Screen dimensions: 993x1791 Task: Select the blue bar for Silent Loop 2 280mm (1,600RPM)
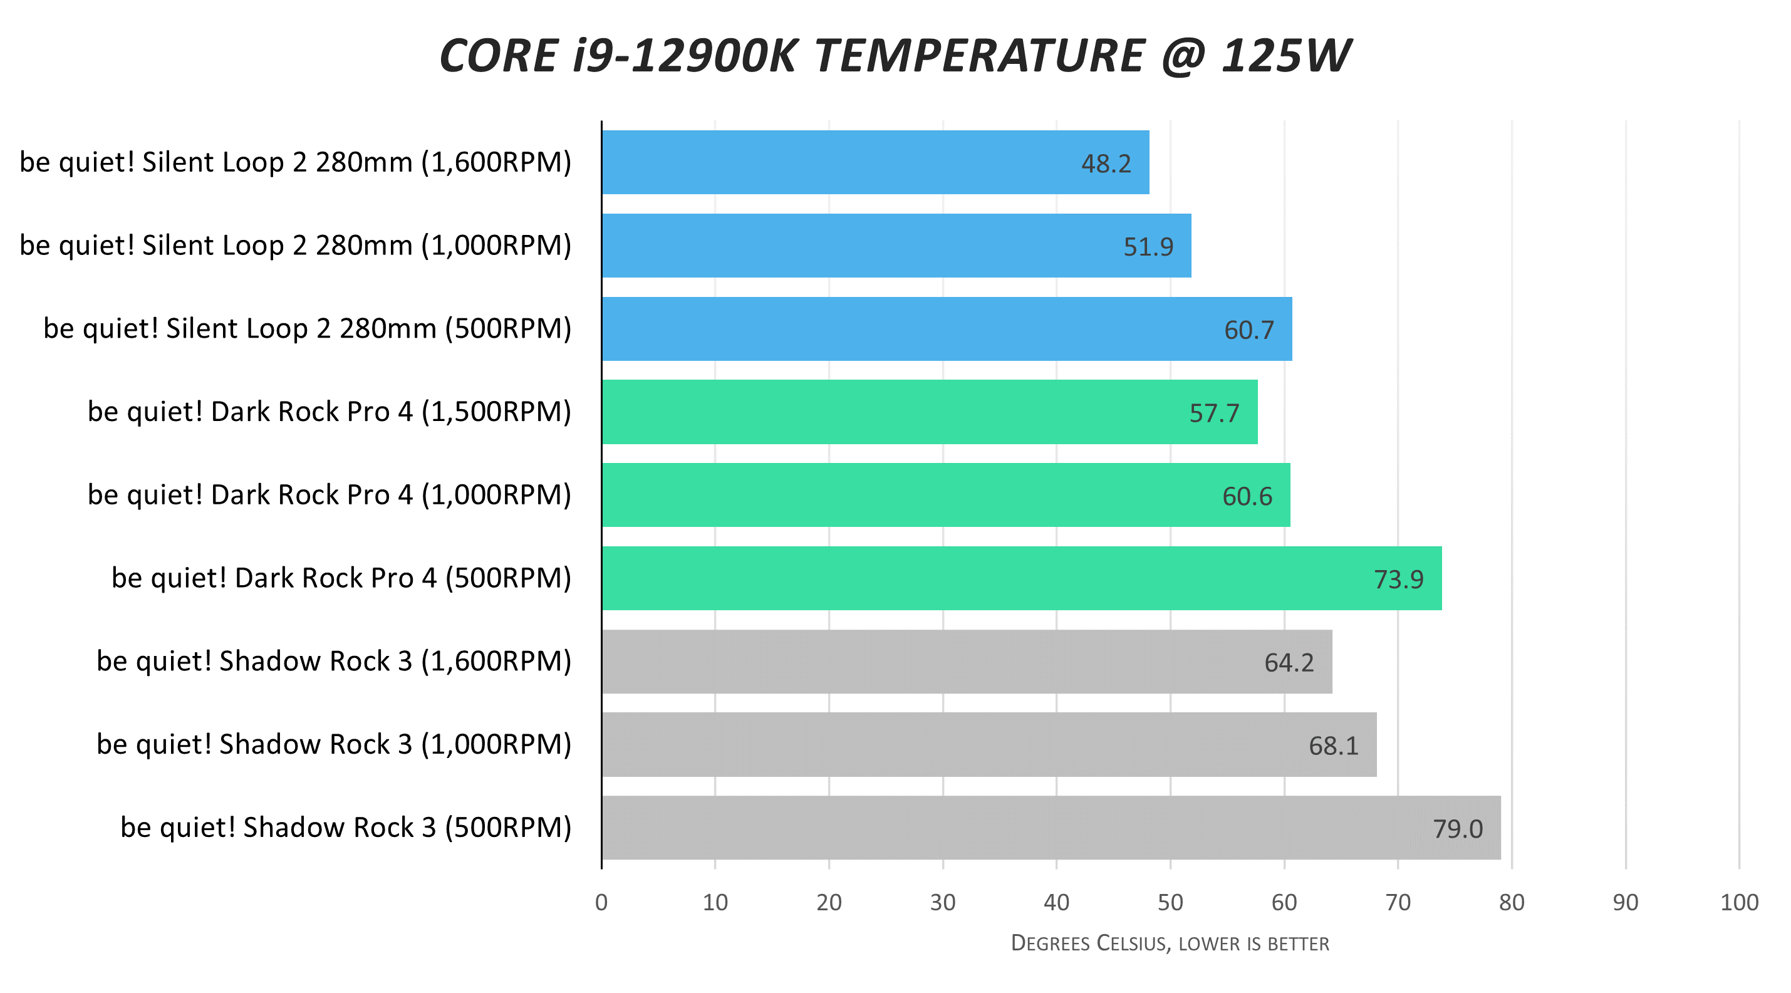pos(875,162)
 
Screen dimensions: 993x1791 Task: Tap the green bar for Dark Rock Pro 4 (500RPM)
pos(1020,578)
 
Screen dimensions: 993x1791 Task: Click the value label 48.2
pos(1106,164)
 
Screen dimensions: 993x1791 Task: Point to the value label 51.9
pos(1148,247)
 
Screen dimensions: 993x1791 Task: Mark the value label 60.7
pos(1249,330)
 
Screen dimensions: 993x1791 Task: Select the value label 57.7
pos(1214,413)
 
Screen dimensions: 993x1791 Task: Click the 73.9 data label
pos(1398,580)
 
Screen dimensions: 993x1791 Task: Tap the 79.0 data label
pos(1457,829)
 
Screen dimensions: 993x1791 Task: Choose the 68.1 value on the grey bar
pos(1333,746)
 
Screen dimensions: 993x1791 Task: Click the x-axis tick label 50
pos(1170,903)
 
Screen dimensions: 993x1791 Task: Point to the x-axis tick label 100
pos(1739,903)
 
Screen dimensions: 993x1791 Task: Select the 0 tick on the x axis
pos(601,903)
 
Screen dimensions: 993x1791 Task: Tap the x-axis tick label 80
pos(1512,903)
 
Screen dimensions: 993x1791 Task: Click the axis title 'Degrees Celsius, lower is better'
pos(1170,943)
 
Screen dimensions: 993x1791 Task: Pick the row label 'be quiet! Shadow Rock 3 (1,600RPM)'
pos(334,662)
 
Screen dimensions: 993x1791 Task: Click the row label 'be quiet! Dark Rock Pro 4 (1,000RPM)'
pos(329,495)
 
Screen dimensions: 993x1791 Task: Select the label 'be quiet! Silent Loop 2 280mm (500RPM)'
pos(308,329)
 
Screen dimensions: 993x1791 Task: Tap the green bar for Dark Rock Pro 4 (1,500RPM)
pos(929,412)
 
